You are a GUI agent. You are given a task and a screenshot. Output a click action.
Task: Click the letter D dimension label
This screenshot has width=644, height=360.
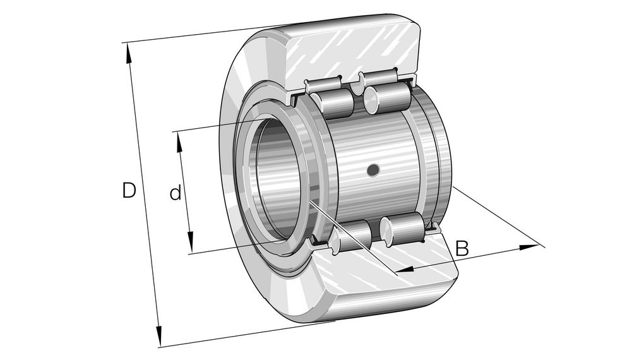coord(129,190)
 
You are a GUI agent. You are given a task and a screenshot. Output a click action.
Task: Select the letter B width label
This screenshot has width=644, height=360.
coord(462,248)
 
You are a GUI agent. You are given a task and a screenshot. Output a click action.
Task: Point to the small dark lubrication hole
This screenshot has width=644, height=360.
coord(373,169)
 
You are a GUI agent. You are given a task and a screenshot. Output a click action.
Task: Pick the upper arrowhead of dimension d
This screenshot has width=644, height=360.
coord(179,141)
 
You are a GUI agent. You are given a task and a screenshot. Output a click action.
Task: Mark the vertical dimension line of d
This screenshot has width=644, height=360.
coord(184,193)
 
